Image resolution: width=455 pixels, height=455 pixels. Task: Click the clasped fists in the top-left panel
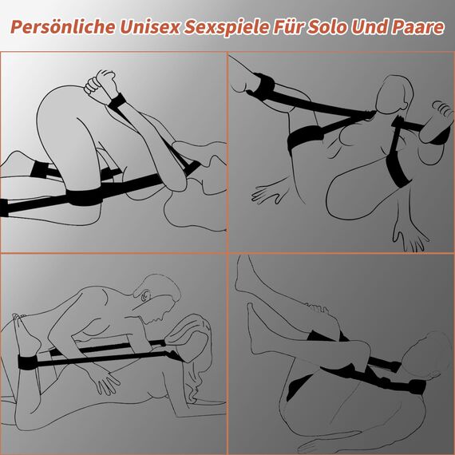101,82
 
